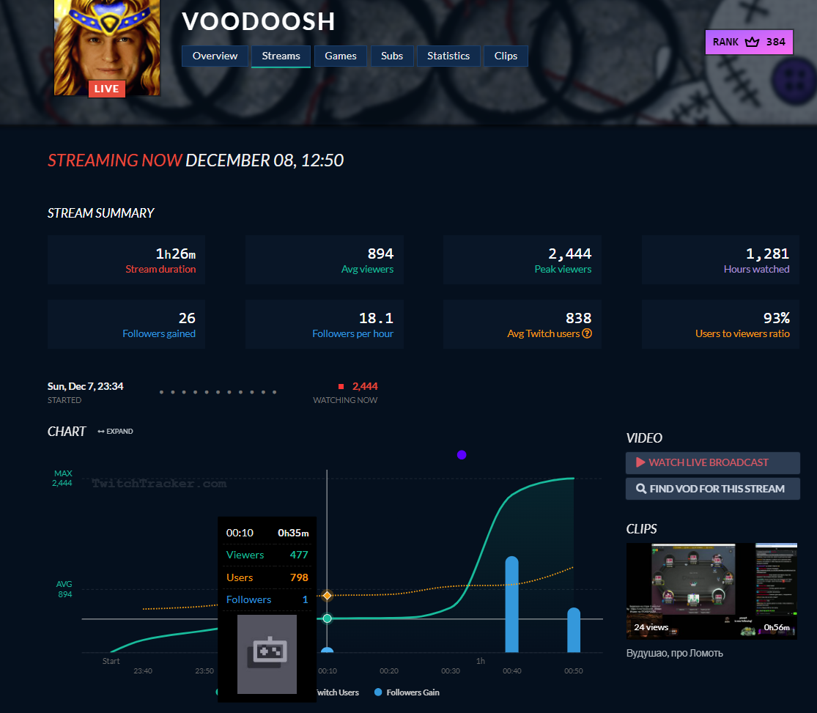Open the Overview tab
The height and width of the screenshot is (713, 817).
coord(215,56)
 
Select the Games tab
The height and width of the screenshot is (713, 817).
coord(341,56)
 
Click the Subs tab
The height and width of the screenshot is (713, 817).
coord(392,56)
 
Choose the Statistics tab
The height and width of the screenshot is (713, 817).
coord(448,56)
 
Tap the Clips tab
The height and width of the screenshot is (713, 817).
coord(506,56)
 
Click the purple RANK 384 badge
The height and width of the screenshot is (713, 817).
coord(749,42)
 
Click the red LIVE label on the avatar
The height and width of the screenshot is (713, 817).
coord(107,89)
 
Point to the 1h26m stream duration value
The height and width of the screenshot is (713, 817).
coord(176,254)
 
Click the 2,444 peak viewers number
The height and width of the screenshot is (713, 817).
coord(570,254)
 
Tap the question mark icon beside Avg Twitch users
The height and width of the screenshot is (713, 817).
coord(587,333)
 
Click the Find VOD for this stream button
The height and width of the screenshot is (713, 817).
coord(712,489)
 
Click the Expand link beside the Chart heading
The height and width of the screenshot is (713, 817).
coord(116,432)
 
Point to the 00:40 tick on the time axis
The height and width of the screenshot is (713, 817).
coord(512,670)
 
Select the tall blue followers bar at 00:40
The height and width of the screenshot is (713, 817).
coord(512,605)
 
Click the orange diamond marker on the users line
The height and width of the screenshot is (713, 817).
coord(328,596)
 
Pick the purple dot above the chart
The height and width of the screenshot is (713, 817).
coord(462,455)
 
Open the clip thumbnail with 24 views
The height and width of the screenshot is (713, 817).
coord(711,591)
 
